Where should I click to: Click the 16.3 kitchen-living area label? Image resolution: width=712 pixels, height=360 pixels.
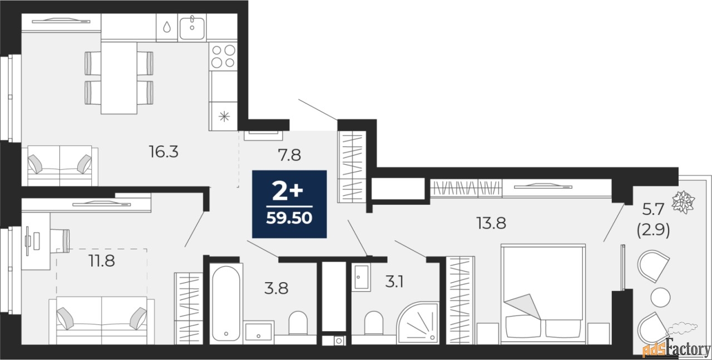click(x=164, y=152)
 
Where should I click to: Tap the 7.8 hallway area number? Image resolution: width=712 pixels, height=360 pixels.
click(x=289, y=155)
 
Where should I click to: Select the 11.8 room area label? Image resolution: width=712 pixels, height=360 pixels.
click(x=102, y=261)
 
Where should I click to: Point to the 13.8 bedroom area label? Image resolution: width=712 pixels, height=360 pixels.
click(x=491, y=223)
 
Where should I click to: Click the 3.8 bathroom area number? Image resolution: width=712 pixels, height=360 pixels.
click(x=276, y=288)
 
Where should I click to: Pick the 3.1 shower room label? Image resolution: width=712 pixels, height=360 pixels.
click(x=394, y=282)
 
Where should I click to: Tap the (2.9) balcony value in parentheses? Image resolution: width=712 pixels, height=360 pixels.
click(x=653, y=230)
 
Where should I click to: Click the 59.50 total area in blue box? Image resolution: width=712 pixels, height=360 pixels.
click(x=289, y=218)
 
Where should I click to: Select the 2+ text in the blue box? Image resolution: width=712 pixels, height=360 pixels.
click(x=288, y=192)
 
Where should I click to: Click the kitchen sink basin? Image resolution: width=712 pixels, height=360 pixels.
click(x=192, y=28)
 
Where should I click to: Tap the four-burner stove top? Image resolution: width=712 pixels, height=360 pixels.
click(x=223, y=56)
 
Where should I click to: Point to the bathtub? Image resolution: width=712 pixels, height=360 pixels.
click(x=226, y=303)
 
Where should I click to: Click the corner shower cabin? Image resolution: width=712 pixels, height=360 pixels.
click(x=418, y=323)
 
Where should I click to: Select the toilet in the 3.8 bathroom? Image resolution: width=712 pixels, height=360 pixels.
click(x=298, y=323)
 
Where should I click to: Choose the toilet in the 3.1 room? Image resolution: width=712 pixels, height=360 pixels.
click(x=374, y=323)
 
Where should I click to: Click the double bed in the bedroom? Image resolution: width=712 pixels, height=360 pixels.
click(x=543, y=294)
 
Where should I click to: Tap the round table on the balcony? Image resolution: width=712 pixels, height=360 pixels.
click(x=660, y=297)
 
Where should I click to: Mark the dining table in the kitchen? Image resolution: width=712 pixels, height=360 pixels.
click(x=119, y=78)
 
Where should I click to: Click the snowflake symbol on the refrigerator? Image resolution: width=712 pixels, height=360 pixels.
click(x=224, y=116)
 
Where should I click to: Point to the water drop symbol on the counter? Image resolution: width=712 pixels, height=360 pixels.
click(x=167, y=27)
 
